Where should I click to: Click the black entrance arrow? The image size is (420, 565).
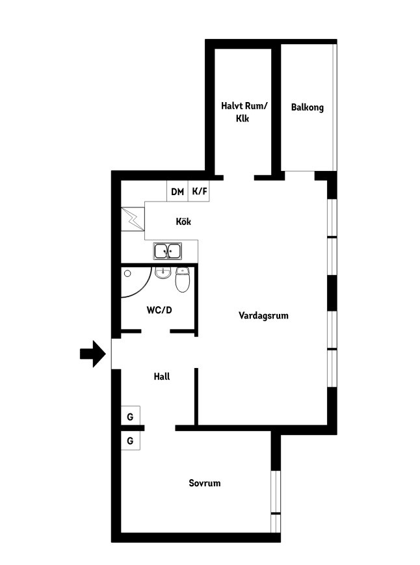(x=93, y=354)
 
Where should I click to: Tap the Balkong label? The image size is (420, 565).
(x=308, y=107)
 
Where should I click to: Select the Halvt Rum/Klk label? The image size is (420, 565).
(x=244, y=112)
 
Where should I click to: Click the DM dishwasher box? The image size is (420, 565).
(x=177, y=191)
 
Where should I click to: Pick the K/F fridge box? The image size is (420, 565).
(x=199, y=191)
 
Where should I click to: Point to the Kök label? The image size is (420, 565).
(x=183, y=221)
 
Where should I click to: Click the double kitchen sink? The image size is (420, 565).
(x=168, y=251)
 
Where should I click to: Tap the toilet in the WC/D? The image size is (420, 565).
(x=183, y=280)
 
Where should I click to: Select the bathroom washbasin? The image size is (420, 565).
(x=163, y=273)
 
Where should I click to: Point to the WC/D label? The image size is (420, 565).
(x=159, y=310)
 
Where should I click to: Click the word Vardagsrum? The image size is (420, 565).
(x=263, y=315)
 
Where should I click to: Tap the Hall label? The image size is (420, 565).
(x=162, y=376)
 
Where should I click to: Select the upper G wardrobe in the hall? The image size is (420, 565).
(x=131, y=416)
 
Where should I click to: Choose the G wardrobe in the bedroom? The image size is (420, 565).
(x=131, y=440)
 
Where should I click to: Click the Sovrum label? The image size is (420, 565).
(x=205, y=483)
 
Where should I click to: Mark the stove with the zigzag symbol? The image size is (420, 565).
(x=133, y=219)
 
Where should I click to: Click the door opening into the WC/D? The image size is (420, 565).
(x=155, y=331)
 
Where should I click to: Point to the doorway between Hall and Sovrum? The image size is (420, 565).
(x=160, y=428)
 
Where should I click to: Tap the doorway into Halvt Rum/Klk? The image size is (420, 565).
(x=239, y=177)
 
